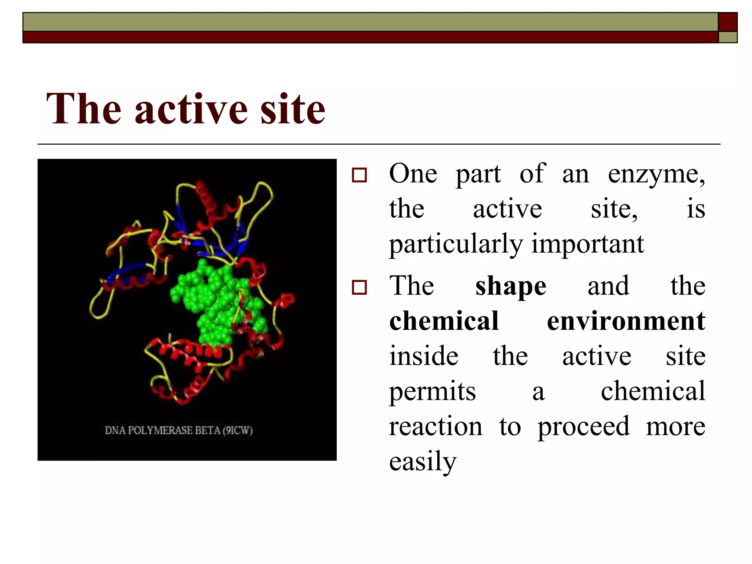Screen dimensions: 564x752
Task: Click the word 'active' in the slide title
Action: pos(191,109)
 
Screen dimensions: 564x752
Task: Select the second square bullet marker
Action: pos(359,287)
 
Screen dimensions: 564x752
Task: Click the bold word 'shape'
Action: pos(510,286)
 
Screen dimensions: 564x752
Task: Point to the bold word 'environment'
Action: pos(626,321)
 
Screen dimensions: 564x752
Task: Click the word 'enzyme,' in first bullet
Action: pos(656,174)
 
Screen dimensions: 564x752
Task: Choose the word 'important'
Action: pos(587,245)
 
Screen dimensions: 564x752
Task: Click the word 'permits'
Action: pos(432,391)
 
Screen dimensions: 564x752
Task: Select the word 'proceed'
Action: pos(583,427)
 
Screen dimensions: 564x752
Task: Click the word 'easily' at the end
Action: pos(423,462)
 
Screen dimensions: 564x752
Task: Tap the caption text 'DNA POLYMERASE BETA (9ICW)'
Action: pos(179,430)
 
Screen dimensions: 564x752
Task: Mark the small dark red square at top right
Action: pos(727,22)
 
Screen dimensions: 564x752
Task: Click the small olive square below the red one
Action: pos(727,37)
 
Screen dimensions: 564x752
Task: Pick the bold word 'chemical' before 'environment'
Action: pos(444,321)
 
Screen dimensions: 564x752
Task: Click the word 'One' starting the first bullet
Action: pos(413,173)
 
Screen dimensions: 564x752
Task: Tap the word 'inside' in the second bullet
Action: pos(424,356)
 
